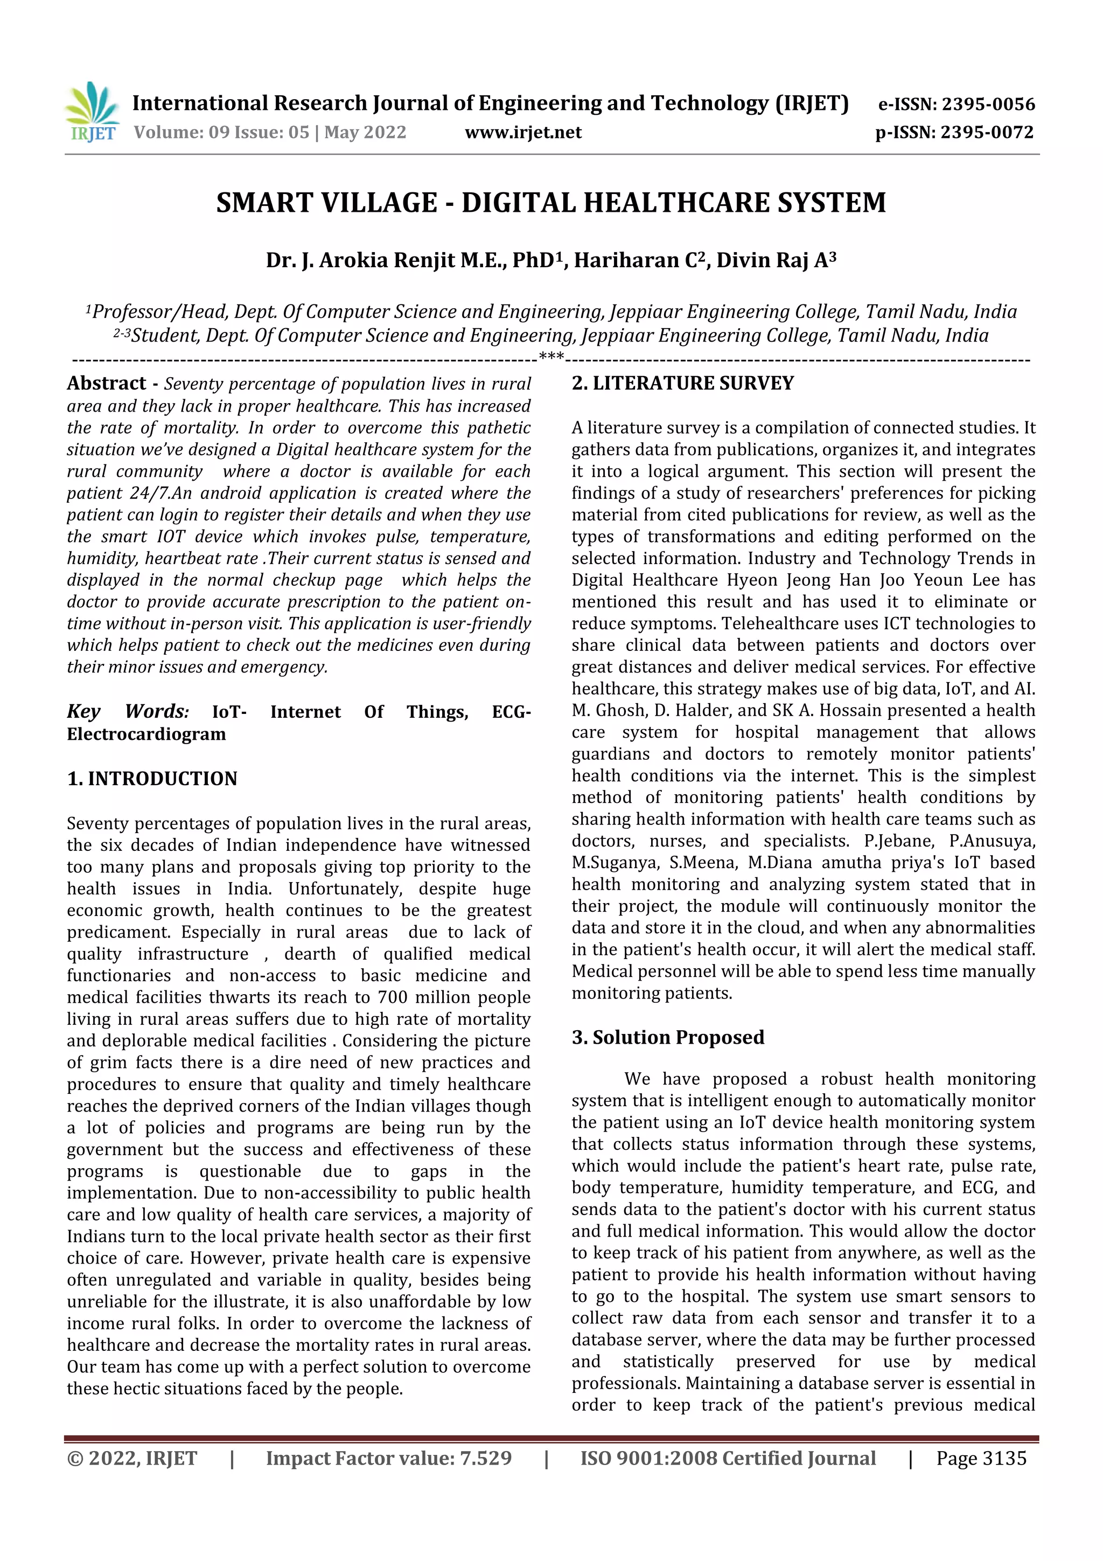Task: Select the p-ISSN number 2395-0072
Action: (987, 132)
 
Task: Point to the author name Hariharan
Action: (626, 260)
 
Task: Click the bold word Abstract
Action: (107, 384)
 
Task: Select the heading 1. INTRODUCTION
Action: (152, 779)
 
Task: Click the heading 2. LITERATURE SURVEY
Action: (682, 384)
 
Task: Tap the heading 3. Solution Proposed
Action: (667, 1037)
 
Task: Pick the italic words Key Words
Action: (128, 711)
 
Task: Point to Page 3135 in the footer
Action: (981, 1458)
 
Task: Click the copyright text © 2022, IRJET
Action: (132, 1458)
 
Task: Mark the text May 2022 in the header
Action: (365, 132)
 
